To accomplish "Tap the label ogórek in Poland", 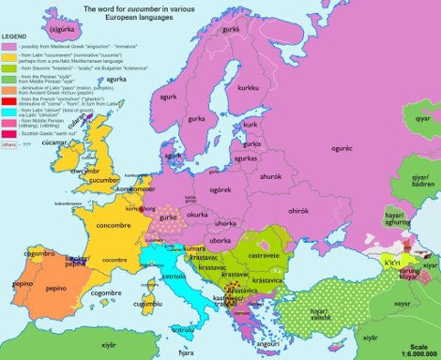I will click(x=221, y=190).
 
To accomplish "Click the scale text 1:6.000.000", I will click(x=413, y=352).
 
